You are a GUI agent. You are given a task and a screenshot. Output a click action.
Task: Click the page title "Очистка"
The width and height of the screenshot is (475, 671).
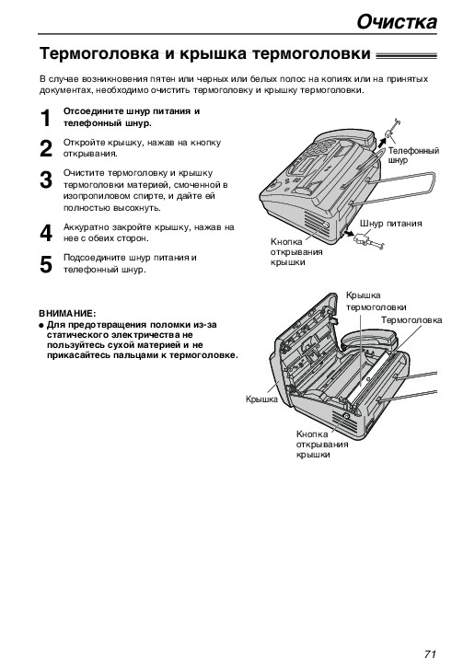pyautogui.click(x=397, y=22)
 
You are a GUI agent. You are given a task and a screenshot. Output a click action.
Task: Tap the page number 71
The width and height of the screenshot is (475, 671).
pyautogui.click(x=430, y=654)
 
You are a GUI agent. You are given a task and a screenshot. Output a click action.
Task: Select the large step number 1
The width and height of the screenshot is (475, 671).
pyautogui.click(x=46, y=118)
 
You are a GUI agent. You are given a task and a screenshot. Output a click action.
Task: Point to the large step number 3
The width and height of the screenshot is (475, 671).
pyautogui.click(x=46, y=179)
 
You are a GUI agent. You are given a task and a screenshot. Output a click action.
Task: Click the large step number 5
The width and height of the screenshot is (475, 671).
pyautogui.click(x=46, y=264)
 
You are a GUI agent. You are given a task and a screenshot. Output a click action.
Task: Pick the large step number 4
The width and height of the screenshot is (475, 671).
pyautogui.click(x=46, y=234)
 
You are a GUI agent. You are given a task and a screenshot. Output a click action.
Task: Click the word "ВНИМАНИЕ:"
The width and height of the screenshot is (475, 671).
pyautogui.click(x=67, y=313)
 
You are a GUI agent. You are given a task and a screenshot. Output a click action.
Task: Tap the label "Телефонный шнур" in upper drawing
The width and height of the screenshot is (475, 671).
pyautogui.click(x=413, y=156)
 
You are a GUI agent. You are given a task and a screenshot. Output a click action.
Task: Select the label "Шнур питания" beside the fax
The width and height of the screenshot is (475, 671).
pyautogui.click(x=390, y=224)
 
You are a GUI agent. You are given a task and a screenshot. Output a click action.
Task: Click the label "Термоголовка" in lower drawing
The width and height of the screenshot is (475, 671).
pyautogui.click(x=411, y=320)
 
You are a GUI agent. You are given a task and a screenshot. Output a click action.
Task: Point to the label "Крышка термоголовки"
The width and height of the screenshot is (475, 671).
pyautogui.click(x=376, y=301)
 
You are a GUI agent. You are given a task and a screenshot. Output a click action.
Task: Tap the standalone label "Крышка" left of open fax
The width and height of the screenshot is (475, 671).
pyautogui.click(x=261, y=399)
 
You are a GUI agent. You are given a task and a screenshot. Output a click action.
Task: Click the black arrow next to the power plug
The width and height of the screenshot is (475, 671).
pyautogui.click(x=349, y=233)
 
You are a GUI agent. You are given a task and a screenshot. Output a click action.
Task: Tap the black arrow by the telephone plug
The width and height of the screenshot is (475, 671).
pyautogui.click(x=381, y=142)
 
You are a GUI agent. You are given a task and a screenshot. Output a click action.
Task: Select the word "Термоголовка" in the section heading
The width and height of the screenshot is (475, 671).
pyautogui.click(x=98, y=54)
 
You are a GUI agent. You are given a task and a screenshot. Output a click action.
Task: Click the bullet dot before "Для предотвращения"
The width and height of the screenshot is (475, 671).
pyautogui.click(x=41, y=325)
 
